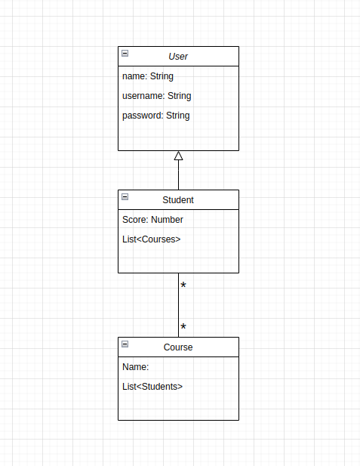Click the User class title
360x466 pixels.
tap(178, 57)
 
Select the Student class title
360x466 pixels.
tap(178, 200)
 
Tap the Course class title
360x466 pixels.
tap(178, 347)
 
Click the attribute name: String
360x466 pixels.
tap(148, 76)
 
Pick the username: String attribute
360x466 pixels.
tap(156, 96)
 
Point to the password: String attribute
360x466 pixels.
tap(155, 116)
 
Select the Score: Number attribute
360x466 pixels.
tap(152, 220)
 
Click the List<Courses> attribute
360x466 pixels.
tap(151, 239)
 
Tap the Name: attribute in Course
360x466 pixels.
tap(136, 367)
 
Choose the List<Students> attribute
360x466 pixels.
tap(152, 387)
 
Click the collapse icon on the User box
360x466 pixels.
tap(125, 54)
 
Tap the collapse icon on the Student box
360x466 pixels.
tap(125, 197)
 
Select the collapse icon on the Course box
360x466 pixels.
tap(125, 344)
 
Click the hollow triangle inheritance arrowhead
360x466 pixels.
tap(178, 156)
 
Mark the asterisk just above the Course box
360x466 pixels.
tap(183, 328)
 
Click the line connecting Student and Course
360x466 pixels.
tap(178, 306)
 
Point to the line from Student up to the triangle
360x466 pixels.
tap(178, 176)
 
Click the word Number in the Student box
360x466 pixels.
tap(167, 220)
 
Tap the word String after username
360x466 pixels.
tap(179, 96)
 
